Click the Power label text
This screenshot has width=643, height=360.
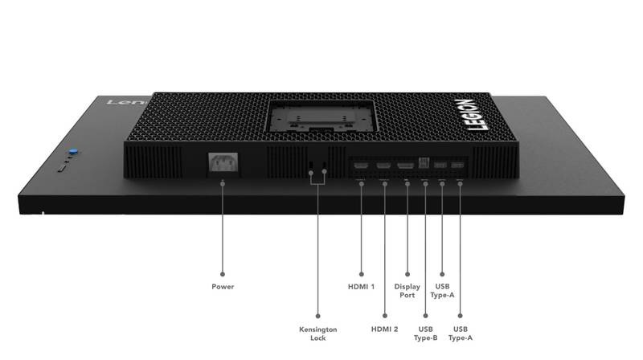point(223,287)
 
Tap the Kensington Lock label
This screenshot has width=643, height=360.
point(317,333)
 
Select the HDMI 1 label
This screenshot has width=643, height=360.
point(361,287)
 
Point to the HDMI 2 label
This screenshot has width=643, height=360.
point(384,329)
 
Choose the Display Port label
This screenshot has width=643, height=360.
point(407,291)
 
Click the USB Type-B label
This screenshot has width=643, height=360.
point(425,333)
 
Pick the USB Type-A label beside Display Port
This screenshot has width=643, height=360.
point(442,291)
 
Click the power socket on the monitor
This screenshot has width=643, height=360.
point(223,163)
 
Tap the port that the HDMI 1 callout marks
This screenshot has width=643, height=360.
point(361,166)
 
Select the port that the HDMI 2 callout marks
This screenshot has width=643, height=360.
point(384,166)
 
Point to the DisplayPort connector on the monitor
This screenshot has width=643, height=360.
point(406,166)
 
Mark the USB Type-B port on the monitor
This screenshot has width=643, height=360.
point(424,162)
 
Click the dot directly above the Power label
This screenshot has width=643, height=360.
point(223,274)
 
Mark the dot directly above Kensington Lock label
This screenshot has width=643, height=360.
point(317,316)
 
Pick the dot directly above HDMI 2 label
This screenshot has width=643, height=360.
point(385,316)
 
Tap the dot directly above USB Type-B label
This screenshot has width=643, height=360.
point(426,316)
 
